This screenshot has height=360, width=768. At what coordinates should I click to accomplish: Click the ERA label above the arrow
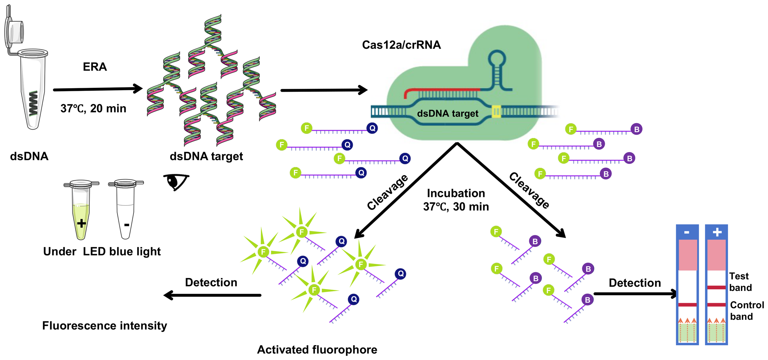[x=95, y=67]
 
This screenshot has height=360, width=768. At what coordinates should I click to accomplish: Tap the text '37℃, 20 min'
[x=93, y=108]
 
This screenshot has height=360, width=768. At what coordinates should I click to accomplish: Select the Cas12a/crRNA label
[x=402, y=45]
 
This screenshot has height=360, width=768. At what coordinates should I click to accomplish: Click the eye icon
[x=176, y=182]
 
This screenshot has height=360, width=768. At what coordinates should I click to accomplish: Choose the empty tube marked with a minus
[x=126, y=209]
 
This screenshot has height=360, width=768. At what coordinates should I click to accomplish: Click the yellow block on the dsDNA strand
[x=496, y=112]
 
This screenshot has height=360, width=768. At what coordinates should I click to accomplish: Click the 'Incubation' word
[x=456, y=193]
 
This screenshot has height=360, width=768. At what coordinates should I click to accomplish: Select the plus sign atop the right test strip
[x=717, y=232]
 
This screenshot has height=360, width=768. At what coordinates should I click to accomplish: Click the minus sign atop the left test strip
[x=687, y=233]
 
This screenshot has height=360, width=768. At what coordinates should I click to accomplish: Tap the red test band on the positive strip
[x=716, y=288]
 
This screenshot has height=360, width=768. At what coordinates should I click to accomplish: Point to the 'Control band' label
[x=747, y=311]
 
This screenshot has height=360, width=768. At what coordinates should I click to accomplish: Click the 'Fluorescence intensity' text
[x=104, y=326]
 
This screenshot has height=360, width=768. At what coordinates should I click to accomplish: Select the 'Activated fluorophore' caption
[x=317, y=350]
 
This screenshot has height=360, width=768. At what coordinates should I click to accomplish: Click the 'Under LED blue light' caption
[x=102, y=252]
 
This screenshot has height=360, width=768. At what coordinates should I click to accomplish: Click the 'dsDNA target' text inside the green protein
[x=448, y=114]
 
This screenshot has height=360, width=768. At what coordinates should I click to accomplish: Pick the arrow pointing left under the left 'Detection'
[x=212, y=295]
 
